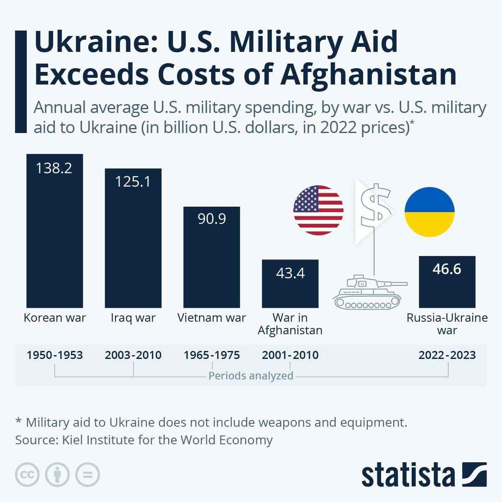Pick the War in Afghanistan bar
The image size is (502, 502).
pos(290,289)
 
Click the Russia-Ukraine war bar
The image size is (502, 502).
pos(447,289)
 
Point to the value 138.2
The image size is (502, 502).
pos(54,168)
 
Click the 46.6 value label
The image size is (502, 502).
pos(447,269)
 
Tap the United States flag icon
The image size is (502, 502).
pos(318,210)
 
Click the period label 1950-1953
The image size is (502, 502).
pos(54,355)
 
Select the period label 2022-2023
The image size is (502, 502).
pos(447,355)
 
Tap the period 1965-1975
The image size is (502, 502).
pos(212,355)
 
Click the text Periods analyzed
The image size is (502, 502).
pos(251,376)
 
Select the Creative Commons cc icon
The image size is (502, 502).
pos(28,474)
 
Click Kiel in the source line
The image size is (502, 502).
pos(72,440)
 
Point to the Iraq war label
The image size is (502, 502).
pos(133,318)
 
